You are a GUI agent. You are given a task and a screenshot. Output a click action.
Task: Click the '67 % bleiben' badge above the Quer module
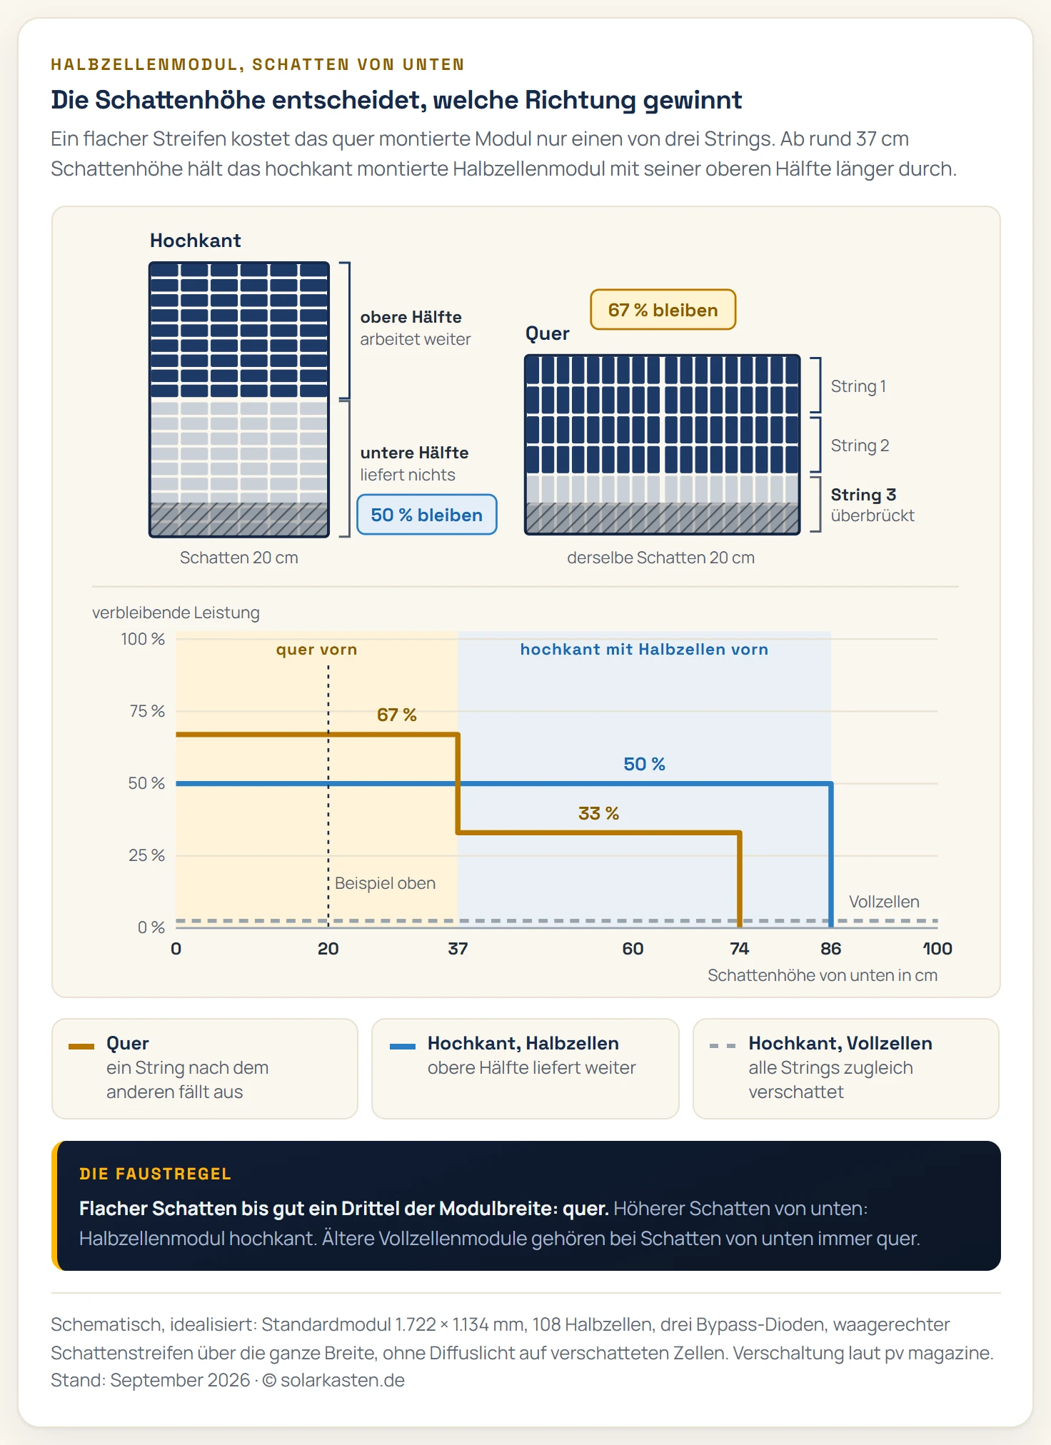pos(663,310)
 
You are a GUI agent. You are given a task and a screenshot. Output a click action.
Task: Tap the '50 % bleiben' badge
pos(426,515)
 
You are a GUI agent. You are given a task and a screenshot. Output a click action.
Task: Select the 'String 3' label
pos(863,495)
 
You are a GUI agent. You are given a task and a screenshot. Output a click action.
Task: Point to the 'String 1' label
pos(858,386)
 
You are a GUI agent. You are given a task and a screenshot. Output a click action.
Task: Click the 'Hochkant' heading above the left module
pos(196,241)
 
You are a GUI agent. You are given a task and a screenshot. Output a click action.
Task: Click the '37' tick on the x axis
pos(458,949)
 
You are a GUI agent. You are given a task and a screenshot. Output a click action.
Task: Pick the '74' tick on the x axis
pos(739,949)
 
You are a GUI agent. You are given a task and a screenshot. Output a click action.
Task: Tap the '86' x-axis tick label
pos(830,949)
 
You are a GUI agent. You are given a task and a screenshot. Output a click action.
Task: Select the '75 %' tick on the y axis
pos(147,711)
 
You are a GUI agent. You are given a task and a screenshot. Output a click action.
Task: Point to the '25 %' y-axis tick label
pos(147,855)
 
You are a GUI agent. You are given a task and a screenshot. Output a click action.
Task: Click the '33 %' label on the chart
pos(598,813)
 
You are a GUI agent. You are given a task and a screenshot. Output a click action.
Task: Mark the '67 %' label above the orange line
pos(396,715)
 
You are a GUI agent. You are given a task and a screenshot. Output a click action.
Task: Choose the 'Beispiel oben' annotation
pos(385,883)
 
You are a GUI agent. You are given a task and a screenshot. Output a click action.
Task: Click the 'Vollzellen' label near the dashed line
pos(884,902)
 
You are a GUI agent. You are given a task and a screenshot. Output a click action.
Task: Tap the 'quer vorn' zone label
pos(316,650)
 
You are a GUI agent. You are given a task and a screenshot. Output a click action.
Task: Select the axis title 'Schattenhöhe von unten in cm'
pos(823,975)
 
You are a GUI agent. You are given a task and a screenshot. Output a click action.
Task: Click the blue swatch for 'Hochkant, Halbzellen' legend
pos(403,1046)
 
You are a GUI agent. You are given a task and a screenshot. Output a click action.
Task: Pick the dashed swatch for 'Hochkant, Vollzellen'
pos(723,1046)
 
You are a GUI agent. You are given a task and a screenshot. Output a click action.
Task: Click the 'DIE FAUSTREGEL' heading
pos(156,1174)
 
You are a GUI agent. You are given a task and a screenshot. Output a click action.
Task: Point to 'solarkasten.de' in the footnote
pos(343,1381)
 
